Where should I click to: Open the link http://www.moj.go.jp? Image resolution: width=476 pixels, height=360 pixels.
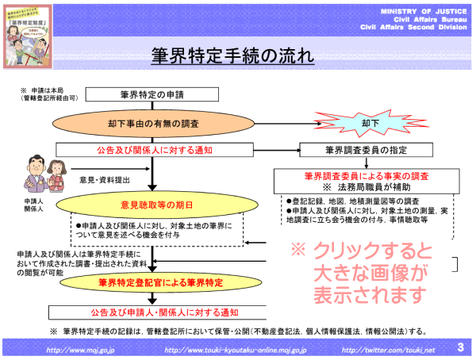click(79, 349)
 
